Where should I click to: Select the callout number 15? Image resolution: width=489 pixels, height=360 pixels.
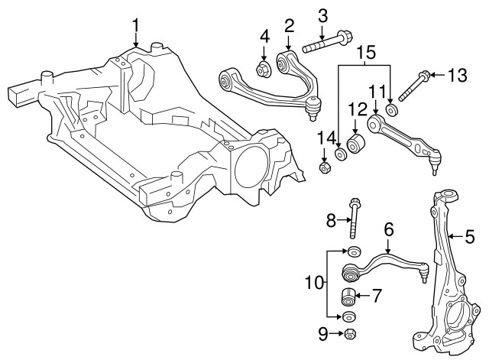pyautogui.click(x=367, y=53)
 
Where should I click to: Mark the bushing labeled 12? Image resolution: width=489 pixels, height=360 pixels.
pyautogui.click(x=355, y=144)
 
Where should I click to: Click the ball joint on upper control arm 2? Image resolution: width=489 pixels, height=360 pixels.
pyautogui.click(x=312, y=112)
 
